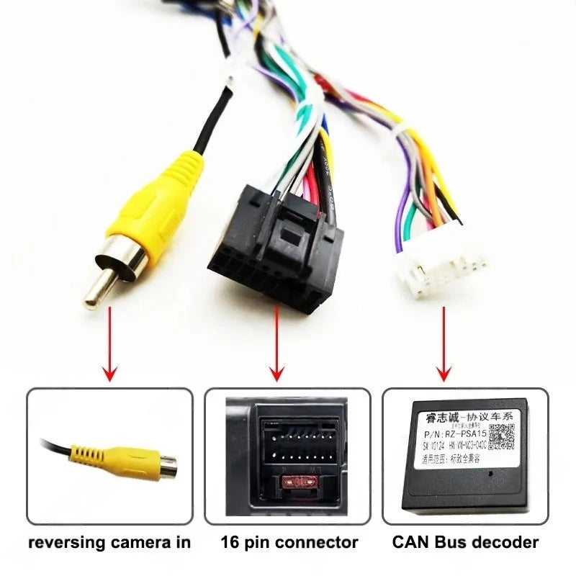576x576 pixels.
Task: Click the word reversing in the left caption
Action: (63, 542)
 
